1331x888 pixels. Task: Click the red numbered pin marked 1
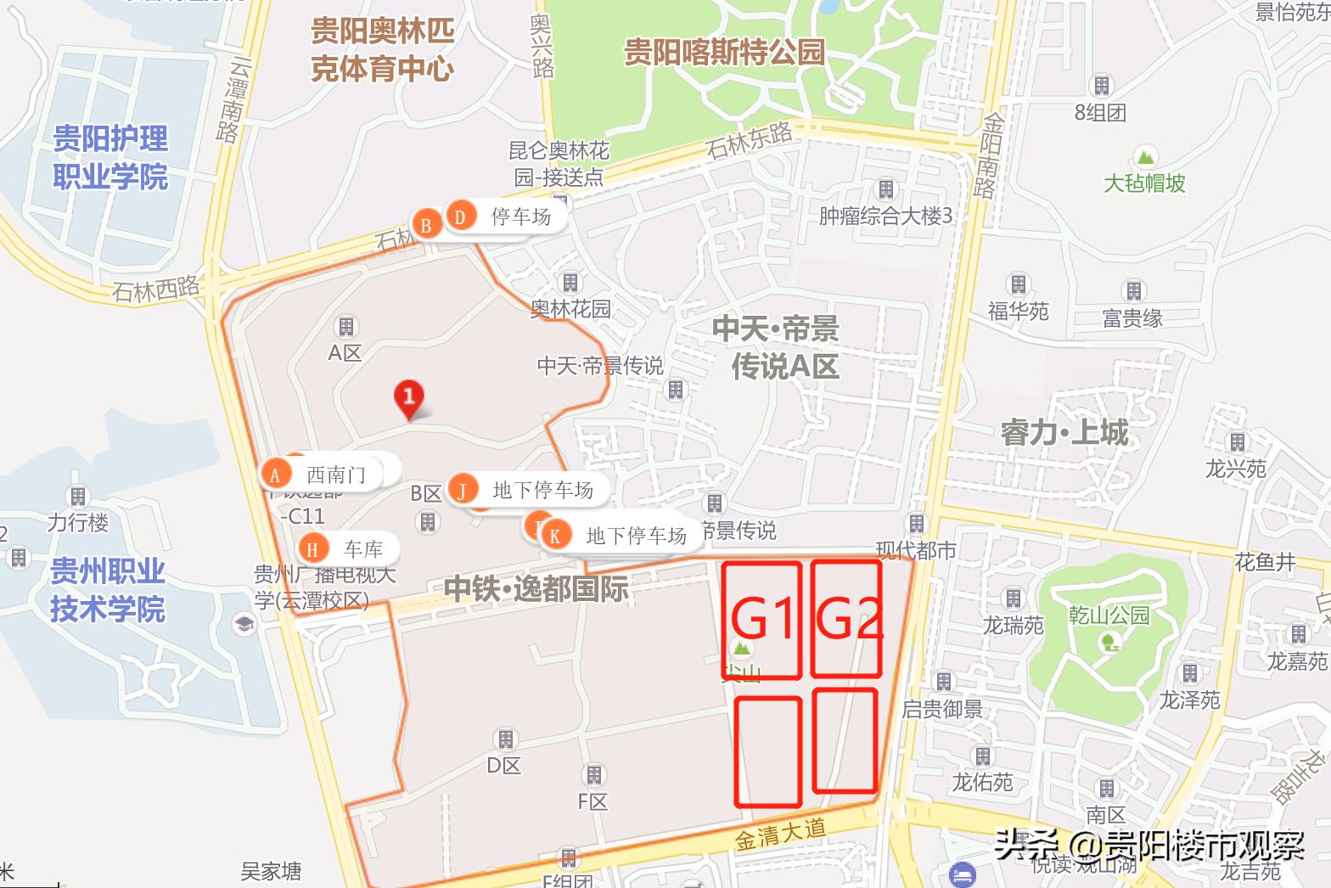click(x=409, y=396)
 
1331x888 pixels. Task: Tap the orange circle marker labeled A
click(x=274, y=475)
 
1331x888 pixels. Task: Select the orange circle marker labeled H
click(x=312, y=549)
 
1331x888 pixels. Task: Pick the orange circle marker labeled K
click(x=555, y=536)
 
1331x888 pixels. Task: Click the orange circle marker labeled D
click(x=460, y=217)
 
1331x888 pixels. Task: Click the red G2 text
click(x=847, y=618)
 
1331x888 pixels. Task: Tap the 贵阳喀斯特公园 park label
click(x=724, y=52)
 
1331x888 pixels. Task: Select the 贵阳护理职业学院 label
click(x=110, y=158)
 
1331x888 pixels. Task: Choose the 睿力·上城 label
click(x=1064, y=433)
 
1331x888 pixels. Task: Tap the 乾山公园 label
click(x=1109, y=615)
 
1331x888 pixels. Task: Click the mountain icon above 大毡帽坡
click(x=1145, y=157)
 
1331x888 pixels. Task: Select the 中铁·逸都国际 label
click(x=536, y=588)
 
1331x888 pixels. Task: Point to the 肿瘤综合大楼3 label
click(x=885, y=216)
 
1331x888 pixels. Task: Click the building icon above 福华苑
click(x=1018, y=284)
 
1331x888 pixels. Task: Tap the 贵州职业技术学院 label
click(x=108, y=590)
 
